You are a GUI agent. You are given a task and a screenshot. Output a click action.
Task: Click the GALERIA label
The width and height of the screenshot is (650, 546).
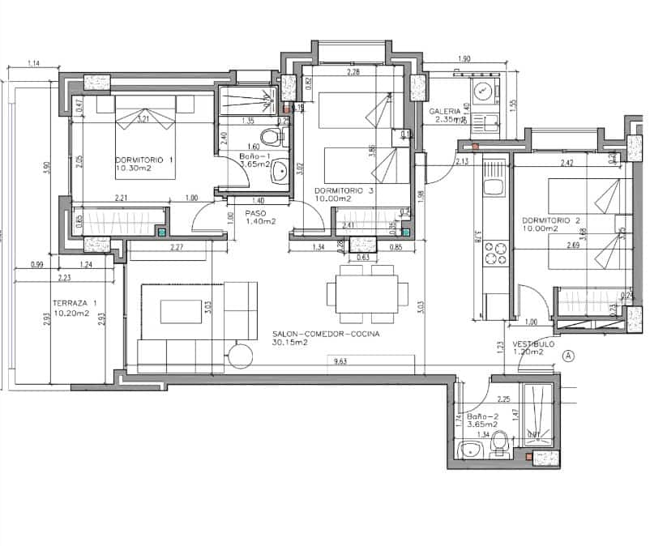(x=446, y=111)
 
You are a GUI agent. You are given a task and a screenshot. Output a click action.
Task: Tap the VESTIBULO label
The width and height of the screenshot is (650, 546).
(x=533, y=343)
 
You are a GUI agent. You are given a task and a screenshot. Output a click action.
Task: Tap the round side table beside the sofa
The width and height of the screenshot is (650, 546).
(x=240, y=353)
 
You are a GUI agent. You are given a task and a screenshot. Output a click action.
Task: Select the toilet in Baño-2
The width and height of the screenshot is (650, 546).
(x=500, y=443)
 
